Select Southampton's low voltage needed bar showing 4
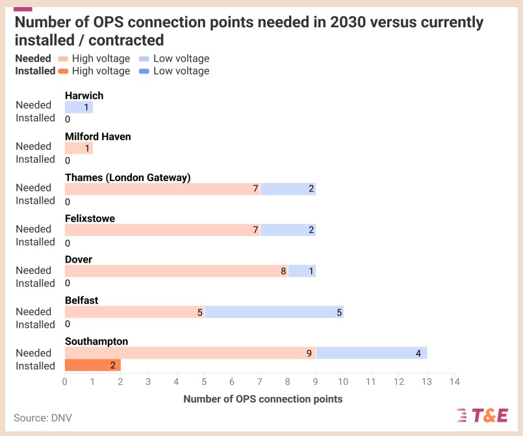(372, 354)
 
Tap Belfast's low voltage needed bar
(274, 312)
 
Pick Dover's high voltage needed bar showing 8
(176, 271)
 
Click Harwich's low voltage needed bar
(79, 107)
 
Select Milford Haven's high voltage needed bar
(79, 148)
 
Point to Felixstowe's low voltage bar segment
(288, 230)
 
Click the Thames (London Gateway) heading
(127, 177)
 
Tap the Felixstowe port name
(90, 219)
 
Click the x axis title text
(262, 399)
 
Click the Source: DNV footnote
(43, 418)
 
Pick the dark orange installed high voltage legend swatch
(62, 71)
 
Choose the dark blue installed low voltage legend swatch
(144, 71)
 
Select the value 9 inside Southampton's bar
(310, 354)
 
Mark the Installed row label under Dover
(35, 283)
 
